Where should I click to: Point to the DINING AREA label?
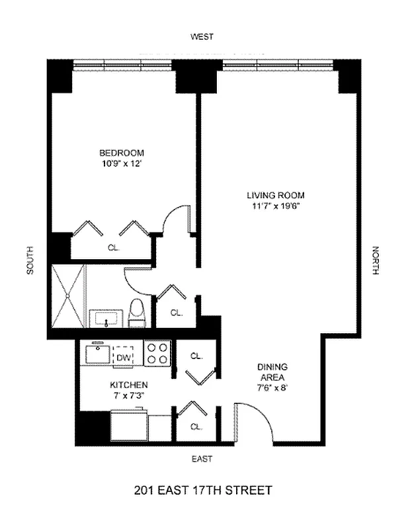pos(272,372)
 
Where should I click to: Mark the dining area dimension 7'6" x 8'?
pos(272,388)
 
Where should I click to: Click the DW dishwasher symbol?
pos(123,356)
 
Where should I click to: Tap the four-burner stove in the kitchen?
pos(158,353)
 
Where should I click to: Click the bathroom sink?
pos(106,319)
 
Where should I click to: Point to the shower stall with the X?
pos(69,296)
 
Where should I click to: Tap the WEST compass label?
pos(202,37)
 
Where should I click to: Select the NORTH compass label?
pos(376,261)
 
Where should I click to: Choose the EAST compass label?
pos(202,458)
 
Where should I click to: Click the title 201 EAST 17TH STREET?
pos(202,491)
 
